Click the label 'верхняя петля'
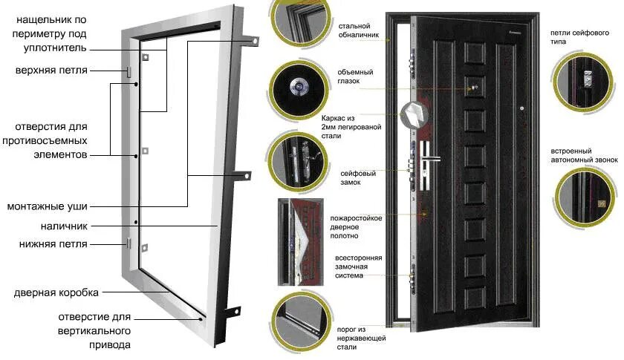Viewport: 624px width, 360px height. pos(51,71)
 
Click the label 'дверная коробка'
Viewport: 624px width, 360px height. pos(56,292)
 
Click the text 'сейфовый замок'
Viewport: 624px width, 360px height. pos(357,177)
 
